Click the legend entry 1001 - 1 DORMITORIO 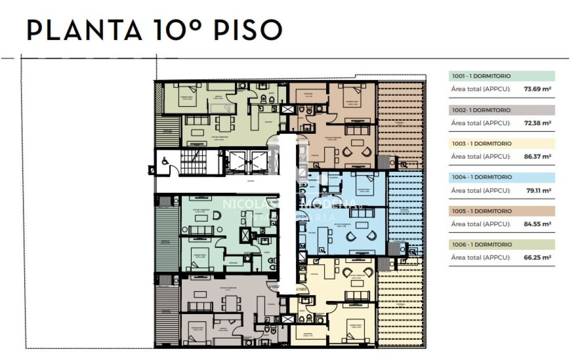(481, 76)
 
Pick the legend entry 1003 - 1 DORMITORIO (481, 144)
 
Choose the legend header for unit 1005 (481, 211)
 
